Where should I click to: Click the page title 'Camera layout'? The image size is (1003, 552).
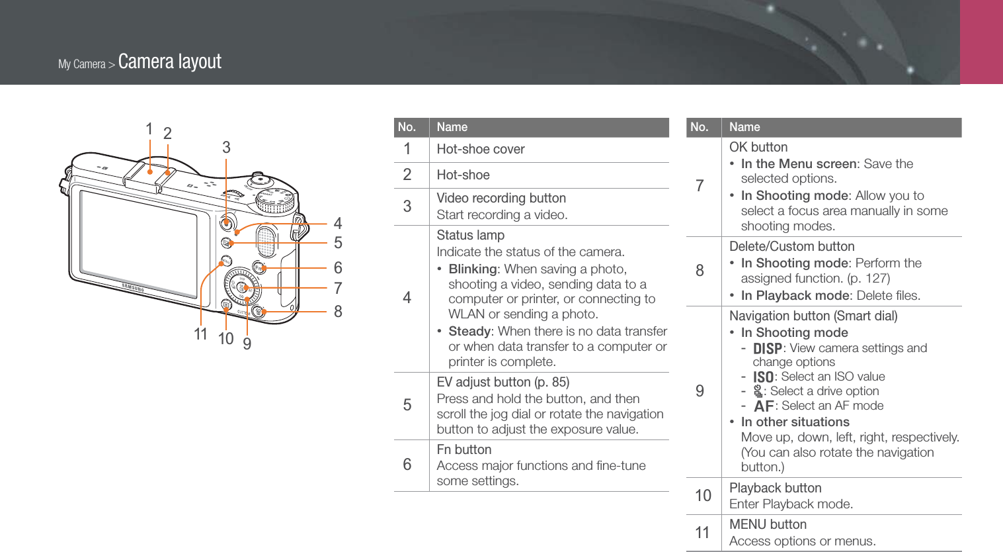[169, 62]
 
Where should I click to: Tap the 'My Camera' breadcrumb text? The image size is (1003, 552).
[82, 64]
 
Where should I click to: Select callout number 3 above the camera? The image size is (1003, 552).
[226, 148]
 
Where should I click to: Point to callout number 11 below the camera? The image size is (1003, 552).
[201, 334]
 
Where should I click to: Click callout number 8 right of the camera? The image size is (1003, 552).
[338, 312]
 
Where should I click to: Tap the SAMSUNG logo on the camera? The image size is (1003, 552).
[132, 288]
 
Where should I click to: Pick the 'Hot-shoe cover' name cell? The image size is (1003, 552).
[481, 150]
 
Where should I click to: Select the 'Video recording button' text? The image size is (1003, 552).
[501, 198]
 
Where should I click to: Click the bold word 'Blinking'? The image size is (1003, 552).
[472, 269]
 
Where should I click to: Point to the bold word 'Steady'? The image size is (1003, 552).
[469, 331]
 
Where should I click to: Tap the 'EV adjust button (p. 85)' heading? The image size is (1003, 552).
[502, 382]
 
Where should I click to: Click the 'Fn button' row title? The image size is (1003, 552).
[463, 449]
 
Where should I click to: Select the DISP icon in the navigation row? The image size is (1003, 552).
[767, 349]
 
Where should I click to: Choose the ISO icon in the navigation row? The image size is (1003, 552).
[763, 377]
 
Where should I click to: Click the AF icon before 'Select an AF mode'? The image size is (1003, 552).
[764, 406]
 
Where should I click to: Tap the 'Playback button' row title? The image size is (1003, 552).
[775, 488]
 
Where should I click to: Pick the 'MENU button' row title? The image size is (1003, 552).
[768, 524]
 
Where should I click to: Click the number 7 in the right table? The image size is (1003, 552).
[700, 186]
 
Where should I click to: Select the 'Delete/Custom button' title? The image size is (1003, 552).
[791, 246]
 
